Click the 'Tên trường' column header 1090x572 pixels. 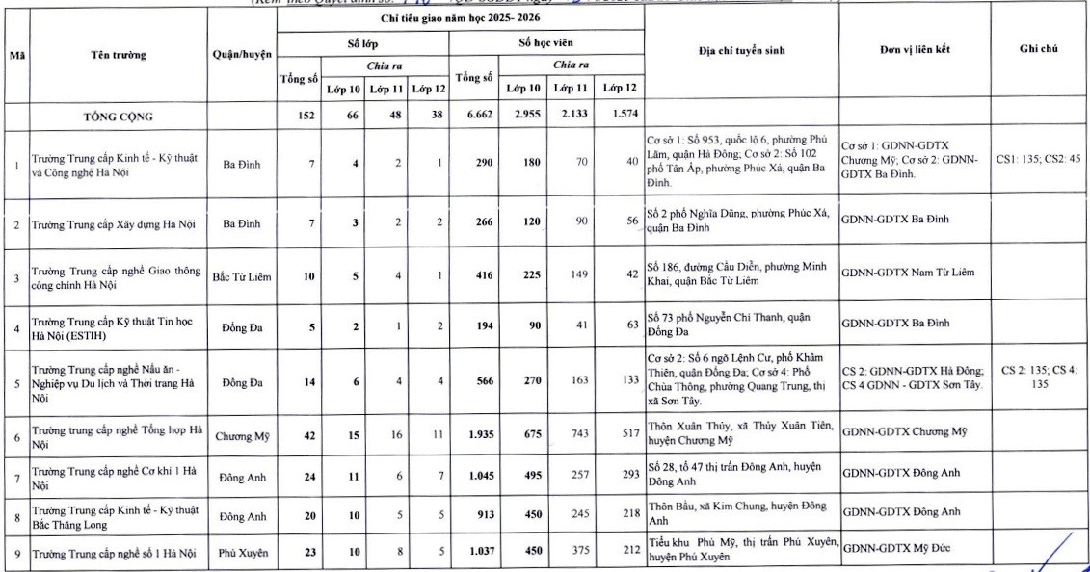pyautogui.click(x=120, y=55)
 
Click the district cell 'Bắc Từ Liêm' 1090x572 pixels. pyautogui.click(x=242, y=276)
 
